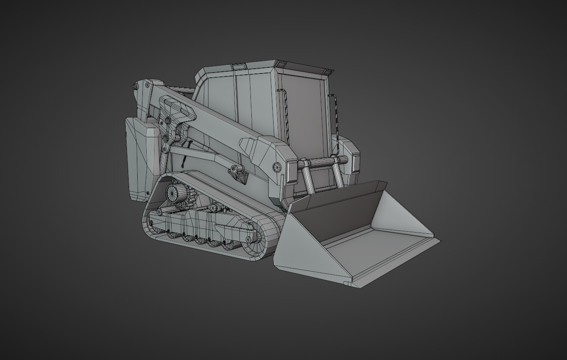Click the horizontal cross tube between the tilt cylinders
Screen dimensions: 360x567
coord(322,162)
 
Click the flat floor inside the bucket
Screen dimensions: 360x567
coord(373,253)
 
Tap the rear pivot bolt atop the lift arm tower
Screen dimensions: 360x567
coord(136,86)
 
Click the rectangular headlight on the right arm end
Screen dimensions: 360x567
coord(356,162)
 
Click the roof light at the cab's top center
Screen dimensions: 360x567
coord(238,67)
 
